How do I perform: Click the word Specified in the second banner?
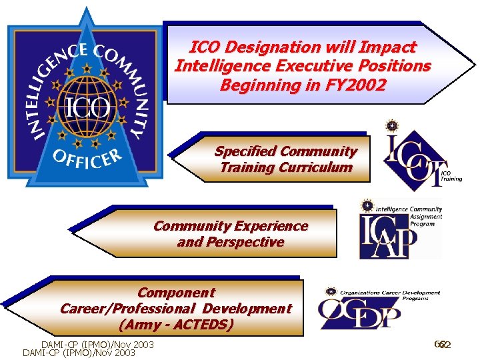pyautogui.click(x=245, y=151)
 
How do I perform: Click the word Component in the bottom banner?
pyautogui.click(x=176, y=293)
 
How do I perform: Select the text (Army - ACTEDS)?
pyautogui.click(x=176, y=325)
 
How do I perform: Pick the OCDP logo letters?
pyautogui.click(x=359, y=313)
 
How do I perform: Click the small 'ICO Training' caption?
pyautogui.click(x=451, y=175)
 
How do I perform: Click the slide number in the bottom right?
pyautogui.click(x=443, y=345)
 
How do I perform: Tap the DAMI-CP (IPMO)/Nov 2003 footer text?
pyautogui.click(x=97, y=345)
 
